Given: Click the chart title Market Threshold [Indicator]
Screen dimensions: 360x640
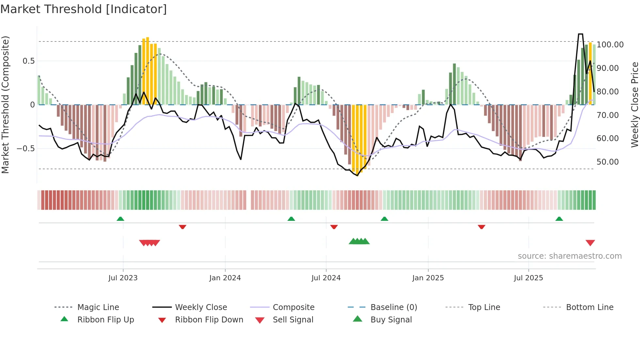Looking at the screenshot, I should point(84,9).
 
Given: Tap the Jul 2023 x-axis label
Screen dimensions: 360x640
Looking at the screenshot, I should point(123,278).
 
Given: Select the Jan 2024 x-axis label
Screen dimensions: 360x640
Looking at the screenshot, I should point(225,278).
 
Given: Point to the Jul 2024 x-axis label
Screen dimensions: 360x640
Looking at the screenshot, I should point(326,278).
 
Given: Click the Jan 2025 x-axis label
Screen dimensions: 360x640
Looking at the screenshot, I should point(428,278).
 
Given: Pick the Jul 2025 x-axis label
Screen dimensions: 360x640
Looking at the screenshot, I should point(528,278).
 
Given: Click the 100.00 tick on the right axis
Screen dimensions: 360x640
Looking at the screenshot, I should point(610,45).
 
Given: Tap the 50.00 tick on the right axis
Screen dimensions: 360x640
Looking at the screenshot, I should point(607,162).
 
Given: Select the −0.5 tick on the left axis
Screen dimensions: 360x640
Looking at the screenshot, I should point(25,149).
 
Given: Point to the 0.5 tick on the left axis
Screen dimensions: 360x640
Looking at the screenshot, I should point(28,61).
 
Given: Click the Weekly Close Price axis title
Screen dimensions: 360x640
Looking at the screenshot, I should point(634,105).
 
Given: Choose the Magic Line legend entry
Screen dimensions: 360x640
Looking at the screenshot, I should point(98,307).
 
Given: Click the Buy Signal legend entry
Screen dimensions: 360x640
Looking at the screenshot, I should point(391,319).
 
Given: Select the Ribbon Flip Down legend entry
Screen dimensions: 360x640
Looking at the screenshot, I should point(209,319).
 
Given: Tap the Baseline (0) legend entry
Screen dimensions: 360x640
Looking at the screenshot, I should point(393,307).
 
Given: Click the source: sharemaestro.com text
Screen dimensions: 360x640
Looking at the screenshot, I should point(569,256).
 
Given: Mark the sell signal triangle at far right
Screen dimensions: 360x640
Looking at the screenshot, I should point(590,243).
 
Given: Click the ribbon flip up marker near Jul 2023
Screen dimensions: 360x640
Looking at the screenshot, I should point(120,219).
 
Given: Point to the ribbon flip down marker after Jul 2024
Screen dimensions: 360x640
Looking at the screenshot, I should point(334,227).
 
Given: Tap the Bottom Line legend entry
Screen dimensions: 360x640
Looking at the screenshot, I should point(589,307).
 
